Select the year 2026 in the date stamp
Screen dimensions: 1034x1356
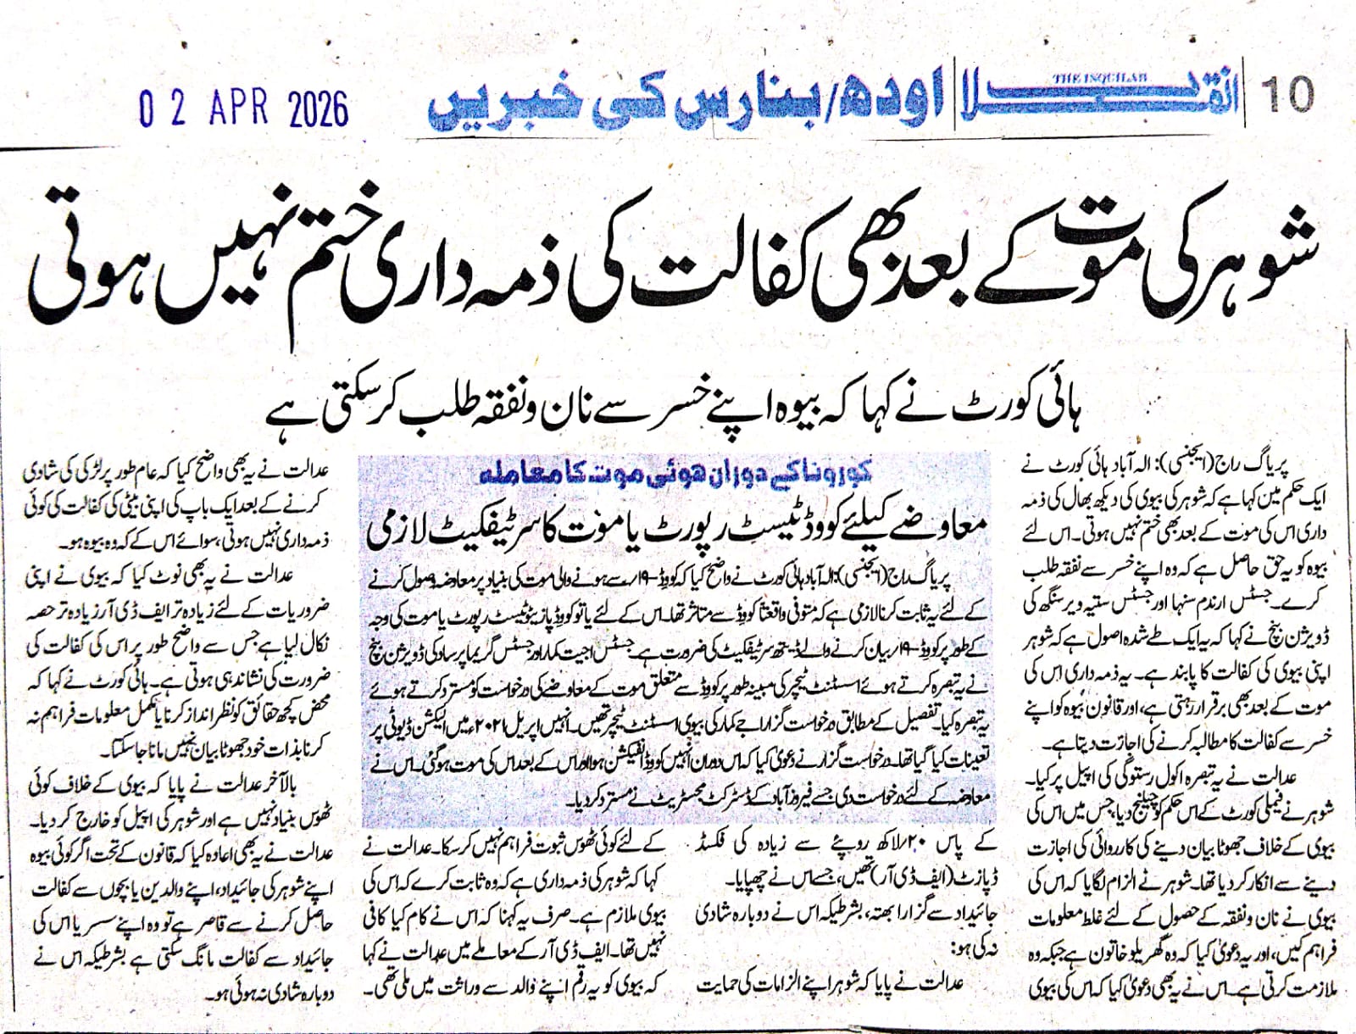(317, 110)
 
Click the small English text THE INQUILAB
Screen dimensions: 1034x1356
(1089, 78)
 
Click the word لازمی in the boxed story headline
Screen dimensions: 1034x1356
(398, 530)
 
